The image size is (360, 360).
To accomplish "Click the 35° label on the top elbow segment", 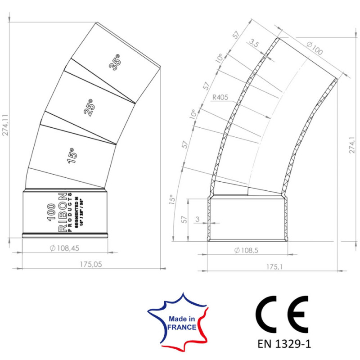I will click(x=115, y=62).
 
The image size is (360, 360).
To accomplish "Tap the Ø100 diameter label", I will click(x=315, y=48).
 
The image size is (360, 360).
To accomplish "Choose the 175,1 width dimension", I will click(x=273, y=267).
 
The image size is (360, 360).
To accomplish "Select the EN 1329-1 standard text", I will click(x=284, y=344).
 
